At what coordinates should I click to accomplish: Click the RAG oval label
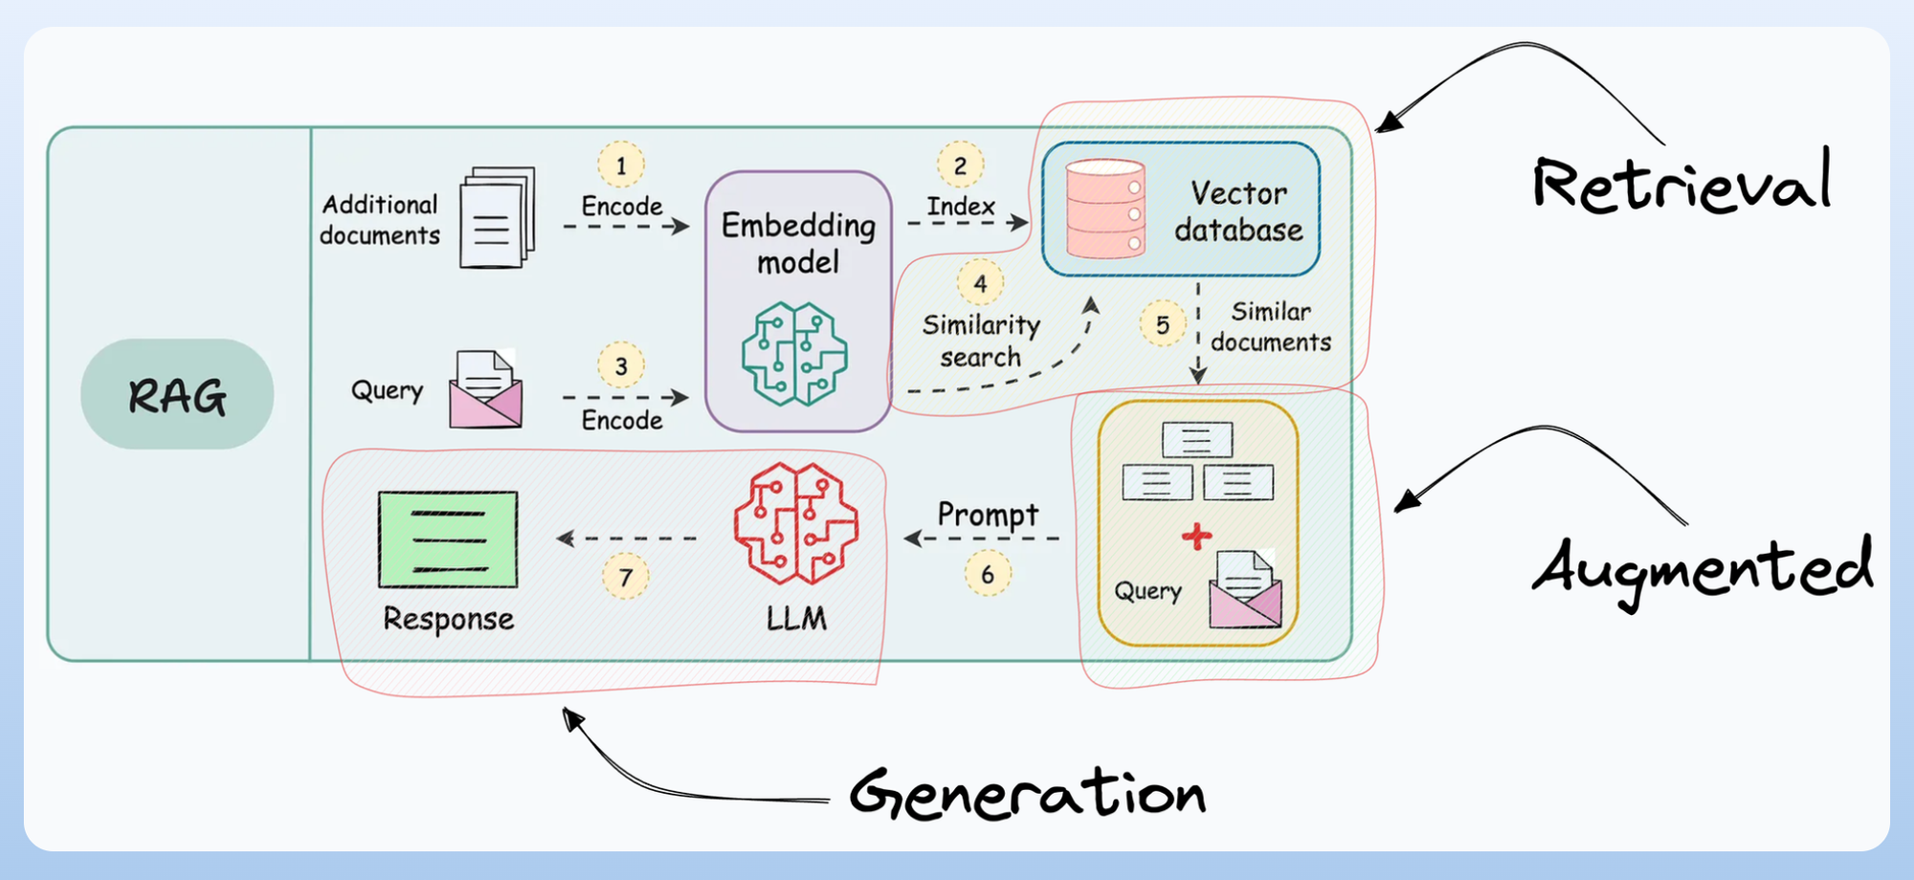(x=177, y=394)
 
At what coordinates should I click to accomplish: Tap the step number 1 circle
(x=621, y=165)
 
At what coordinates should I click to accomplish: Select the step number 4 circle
(x=980, y=283)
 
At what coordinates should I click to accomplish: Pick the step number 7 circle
(x=626, y=577)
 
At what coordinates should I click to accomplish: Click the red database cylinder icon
(x=1105, y=209)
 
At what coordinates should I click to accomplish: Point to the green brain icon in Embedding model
(x=794, y=354)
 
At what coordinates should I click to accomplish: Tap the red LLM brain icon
(x=795, y=523)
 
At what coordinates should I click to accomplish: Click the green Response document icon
(x=448, y=539)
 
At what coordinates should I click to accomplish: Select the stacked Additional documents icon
(x=497, y=217)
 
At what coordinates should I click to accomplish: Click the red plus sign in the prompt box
(x=1196, y=536)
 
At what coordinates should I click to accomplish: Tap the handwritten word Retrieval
(x=1681, y=181)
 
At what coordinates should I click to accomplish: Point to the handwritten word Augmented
(x=1702, y=569)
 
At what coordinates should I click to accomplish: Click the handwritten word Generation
(x=1027, y=794)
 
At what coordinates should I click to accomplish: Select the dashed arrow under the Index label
(x=967, y=223)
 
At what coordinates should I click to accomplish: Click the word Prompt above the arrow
(x=988, y=515)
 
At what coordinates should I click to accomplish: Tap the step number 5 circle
(x=1163, y=324)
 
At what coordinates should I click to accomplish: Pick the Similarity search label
(x=981, y=341)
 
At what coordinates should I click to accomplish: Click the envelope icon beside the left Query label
(x=485, y=388)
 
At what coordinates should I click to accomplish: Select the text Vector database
(x=1238, y=211)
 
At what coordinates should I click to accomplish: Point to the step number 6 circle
(x=988, y=574)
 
